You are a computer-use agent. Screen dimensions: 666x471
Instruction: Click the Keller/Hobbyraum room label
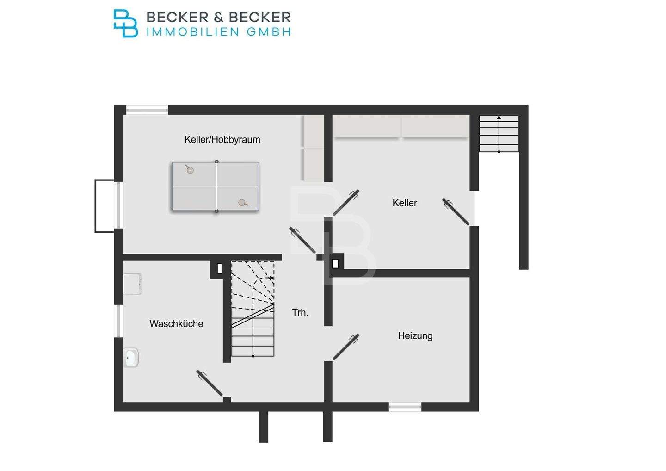[222, 139]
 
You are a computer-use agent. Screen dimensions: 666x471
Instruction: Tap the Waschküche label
[176, 323]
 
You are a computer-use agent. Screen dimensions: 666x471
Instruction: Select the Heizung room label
[415, 335]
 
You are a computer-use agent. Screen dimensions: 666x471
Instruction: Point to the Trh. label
[300, 312]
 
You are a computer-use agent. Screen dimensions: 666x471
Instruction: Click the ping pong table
[216, 186]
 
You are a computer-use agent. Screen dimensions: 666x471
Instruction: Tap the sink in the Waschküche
[131, 357]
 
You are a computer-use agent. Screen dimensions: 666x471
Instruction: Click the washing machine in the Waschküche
[133, 284]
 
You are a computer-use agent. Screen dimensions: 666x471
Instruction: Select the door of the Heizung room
[346, 347]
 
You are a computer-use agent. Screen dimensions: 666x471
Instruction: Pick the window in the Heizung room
[405, 407]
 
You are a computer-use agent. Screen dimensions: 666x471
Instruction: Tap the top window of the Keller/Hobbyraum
[147, 110]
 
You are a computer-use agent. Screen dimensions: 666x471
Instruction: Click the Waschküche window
[118, 321]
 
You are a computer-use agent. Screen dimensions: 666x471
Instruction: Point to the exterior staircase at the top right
[499, 134]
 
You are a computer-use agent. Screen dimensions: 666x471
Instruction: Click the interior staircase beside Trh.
[253, 309]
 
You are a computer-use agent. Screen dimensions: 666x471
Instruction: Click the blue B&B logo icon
[125, 23]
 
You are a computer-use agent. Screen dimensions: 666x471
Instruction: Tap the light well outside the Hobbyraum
[105, 206]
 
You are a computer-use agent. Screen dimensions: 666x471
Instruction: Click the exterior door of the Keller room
[456, 212]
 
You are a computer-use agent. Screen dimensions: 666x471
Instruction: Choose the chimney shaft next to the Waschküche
[220, 268]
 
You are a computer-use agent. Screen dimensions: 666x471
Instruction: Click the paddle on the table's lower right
[242, 203]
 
